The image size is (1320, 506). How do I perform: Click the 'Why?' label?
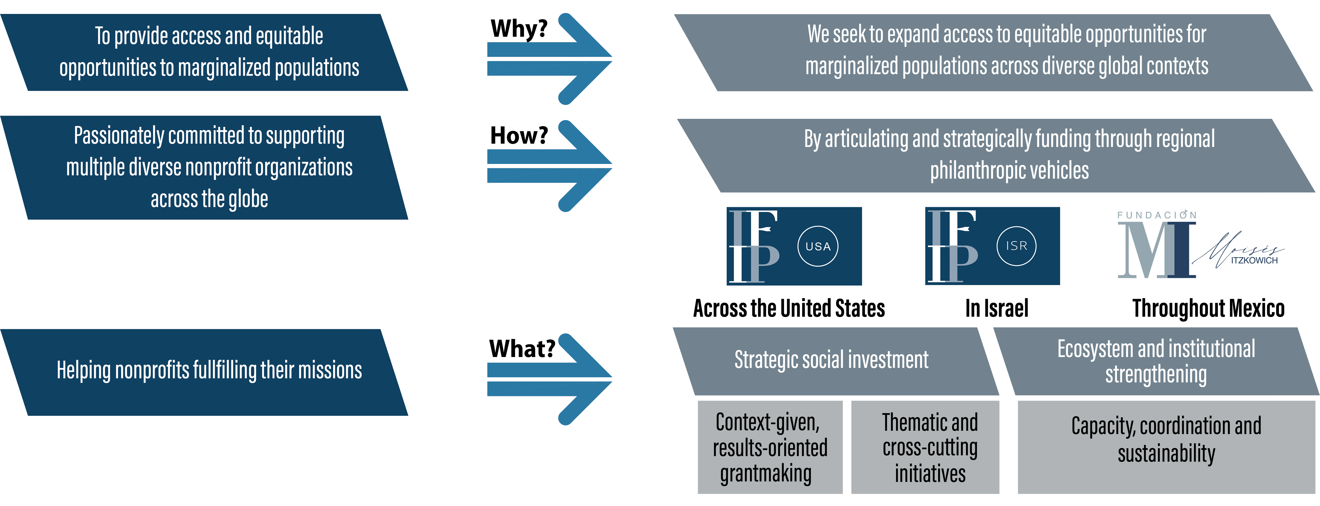(519, 29)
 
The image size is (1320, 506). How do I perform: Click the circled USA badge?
(818, 246)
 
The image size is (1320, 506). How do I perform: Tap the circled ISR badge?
(1016, 246)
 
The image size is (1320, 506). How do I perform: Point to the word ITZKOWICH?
(1254, 261)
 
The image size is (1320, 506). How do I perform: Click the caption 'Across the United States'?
(789, 308)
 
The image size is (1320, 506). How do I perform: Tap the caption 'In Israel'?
(997, 308)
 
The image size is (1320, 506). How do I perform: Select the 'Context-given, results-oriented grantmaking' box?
(770, 447)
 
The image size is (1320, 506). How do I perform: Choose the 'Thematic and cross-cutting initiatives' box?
(925, 447)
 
